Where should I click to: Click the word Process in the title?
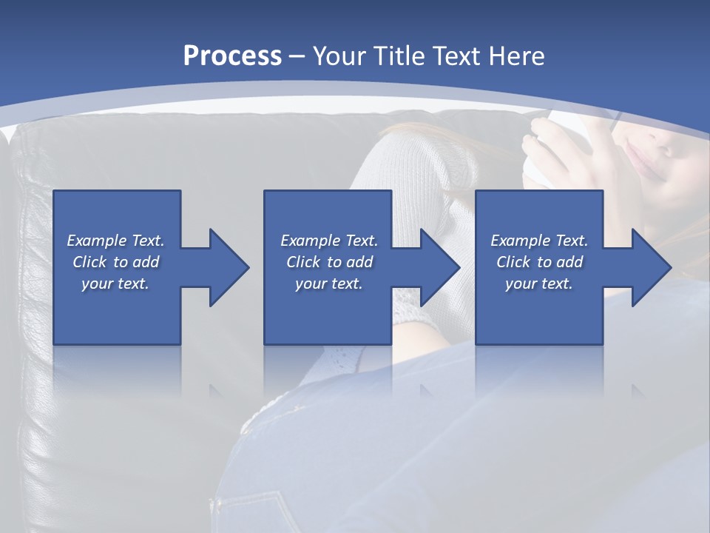click(x=232, y=56)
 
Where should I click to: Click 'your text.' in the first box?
click(x=115, y=284)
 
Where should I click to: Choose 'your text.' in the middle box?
click(x=329, y=284)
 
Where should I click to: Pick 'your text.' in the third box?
click(x=539, y=284)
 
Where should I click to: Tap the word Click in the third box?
click(x=513, y=262)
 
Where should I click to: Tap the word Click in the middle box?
click(x=303, y=262)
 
